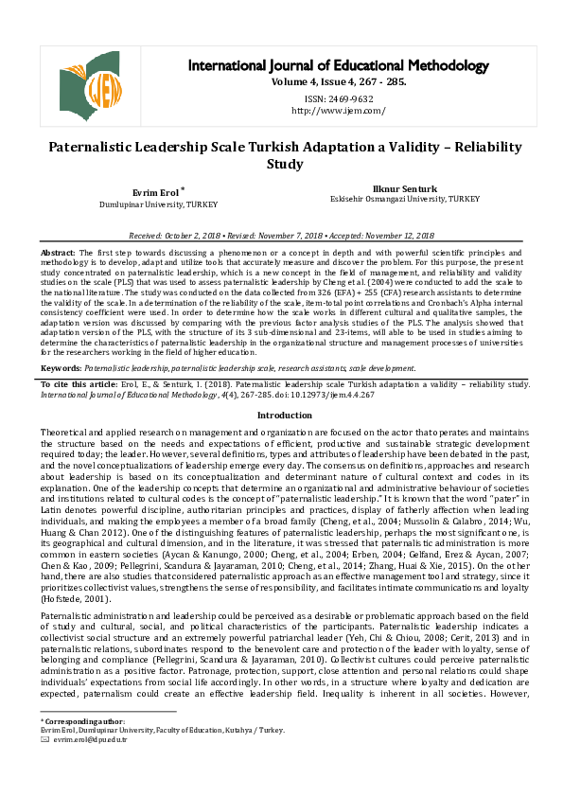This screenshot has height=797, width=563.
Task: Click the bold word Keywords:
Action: tap(62, 393)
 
